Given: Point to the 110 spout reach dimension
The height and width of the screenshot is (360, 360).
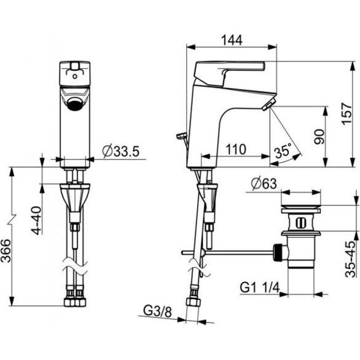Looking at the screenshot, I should (x=236, y=149).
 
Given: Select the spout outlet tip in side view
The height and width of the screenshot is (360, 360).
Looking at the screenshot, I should (x=268, y=106).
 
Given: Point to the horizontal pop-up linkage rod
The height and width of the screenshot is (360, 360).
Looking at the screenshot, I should (x=233, y=251).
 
